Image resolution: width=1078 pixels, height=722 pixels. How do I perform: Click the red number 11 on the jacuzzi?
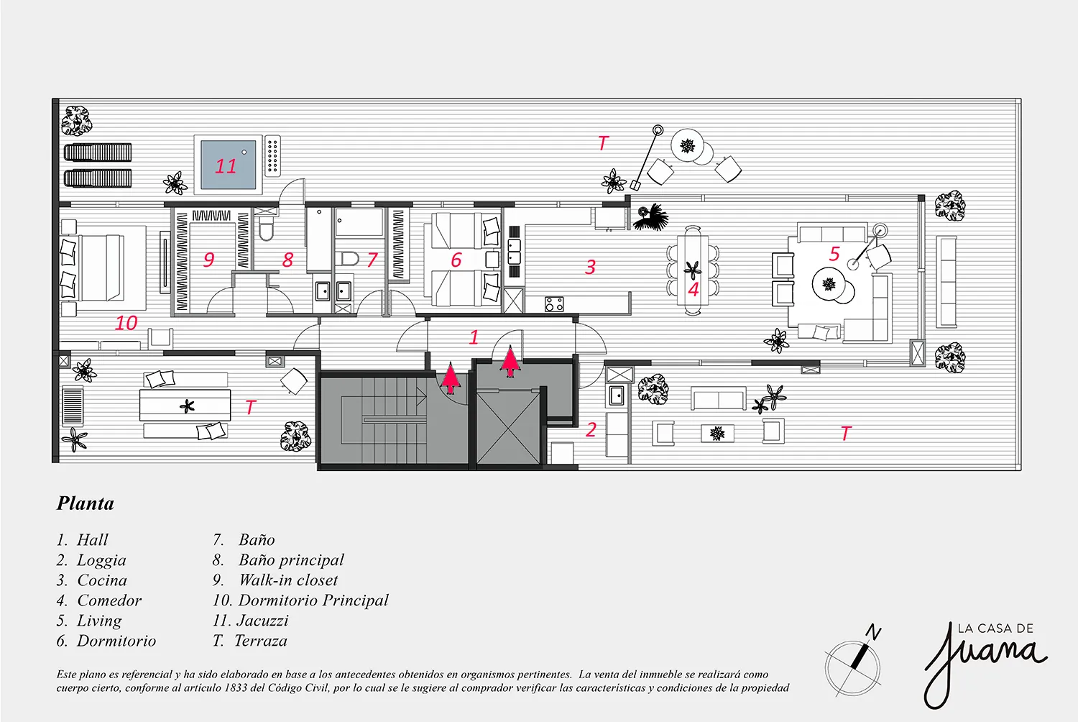(225, 166)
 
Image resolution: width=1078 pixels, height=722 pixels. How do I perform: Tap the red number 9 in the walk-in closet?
(208, 259)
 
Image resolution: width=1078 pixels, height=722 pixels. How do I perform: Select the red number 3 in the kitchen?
(591, 267)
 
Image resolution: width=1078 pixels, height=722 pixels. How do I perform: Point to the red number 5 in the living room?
(834, 253)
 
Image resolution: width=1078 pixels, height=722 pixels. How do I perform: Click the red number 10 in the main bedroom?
(126, 323)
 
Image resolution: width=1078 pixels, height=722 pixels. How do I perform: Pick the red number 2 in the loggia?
(591, 429)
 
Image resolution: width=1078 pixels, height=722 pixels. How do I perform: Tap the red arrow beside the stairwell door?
(451, 378)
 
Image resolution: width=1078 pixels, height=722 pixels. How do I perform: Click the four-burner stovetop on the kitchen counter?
(554, 304)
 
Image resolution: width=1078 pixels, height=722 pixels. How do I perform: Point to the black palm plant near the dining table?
(650, 216)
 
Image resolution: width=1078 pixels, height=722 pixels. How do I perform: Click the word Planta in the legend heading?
(86, 503)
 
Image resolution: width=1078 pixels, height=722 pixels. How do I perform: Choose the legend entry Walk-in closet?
(288, 580)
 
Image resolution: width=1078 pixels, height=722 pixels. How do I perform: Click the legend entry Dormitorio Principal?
(313, 600)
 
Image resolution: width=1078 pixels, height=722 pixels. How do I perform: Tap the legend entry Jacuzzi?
(263, 621)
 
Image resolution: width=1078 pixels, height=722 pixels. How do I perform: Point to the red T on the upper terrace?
(603, 142)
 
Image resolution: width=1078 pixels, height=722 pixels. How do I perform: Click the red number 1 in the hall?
(474, 337)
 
